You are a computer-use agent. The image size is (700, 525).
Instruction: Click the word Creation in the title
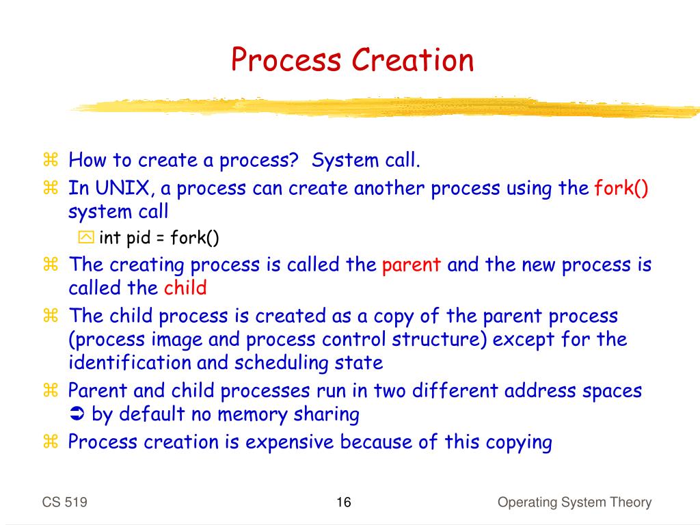(412, 59)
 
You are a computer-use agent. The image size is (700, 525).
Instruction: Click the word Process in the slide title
(286, 59)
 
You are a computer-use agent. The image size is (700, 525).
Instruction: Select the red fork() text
(621, 188)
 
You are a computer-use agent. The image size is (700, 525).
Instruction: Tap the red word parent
(412, 265)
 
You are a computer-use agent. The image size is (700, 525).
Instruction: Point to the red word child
(185, 288)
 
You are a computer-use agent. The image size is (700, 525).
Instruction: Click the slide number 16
(343, 503)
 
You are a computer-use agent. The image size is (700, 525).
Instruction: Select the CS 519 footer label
(64, 503)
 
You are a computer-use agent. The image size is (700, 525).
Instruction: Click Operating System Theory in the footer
(574, 503)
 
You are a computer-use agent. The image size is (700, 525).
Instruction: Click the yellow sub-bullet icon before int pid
(86, 238)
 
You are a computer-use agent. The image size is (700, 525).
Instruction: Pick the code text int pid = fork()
(159, 238)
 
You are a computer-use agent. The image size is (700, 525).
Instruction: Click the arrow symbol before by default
(76, 414)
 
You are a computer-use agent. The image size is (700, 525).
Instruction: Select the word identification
(130, 362)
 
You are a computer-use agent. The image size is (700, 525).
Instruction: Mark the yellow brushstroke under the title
(383, 107)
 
